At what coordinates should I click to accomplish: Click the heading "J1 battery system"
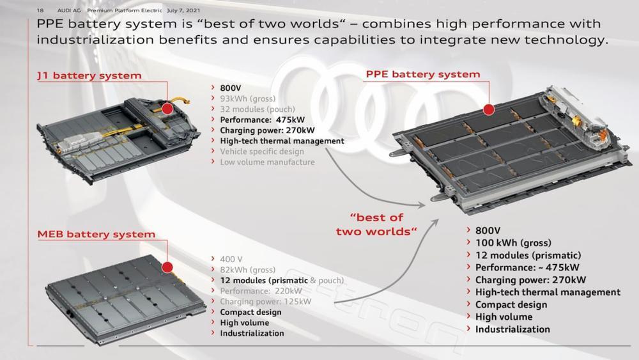pyautogui.click(x=89, y=75)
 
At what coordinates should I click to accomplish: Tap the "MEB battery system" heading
pyautogui.click(x=96, y=234)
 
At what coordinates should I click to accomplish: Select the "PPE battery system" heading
pyautogui.click(x=423, y=74)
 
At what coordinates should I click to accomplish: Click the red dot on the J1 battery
pyautogui.click(x=167, y=108)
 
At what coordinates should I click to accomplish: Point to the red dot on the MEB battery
pyautogui.click(x=167, y=267)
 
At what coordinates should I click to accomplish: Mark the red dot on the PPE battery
pyautogui.click(x=489, y=109)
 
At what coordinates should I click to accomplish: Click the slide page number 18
pyautogui.click(x=40, y=10)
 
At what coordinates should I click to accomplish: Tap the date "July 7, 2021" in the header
pyautogui.click(x=183, y=10)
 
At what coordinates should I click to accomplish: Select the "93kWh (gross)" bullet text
pyautogui.click(x=248, y=98)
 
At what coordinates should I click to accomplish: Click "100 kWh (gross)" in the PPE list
pyautogui.click(x=513, y=243)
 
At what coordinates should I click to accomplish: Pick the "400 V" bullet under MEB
pyautogui.click(x=231, y=260)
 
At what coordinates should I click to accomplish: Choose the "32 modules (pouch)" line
pyautogui.click(x=257, y=109)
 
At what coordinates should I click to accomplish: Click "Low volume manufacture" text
pyautogui.click(x=267, y=162)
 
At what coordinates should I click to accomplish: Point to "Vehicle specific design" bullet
pyautogui.click(x=262, y=152)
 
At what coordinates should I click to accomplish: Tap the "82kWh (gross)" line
pyautogui.click(x=248, y=270)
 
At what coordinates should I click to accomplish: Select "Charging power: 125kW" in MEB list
pyautogui.click(x=265, y=302)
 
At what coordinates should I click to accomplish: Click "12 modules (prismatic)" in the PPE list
pyautogui.click(x=528, y=256)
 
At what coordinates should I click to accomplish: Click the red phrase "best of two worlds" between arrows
pyautogui.click(x=376, y=224)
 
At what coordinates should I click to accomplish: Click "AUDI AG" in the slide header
pyautogui.click(x=69, y=10)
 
